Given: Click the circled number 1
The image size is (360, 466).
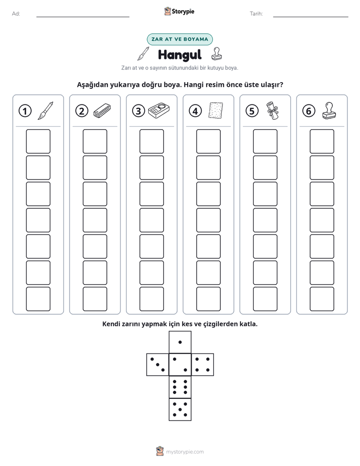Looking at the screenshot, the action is point(25,111).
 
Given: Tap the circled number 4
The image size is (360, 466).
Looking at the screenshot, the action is point(195,111).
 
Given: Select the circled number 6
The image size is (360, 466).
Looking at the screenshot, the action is point(309,111).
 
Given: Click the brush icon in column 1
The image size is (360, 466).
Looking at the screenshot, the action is point(46,110).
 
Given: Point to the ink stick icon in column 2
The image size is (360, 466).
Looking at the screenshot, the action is point(102,110).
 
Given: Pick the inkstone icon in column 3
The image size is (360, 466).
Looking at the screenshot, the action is point(159,110).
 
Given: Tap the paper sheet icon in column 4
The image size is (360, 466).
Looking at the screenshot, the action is point(216,110).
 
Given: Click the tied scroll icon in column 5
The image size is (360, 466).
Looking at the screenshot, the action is point(272,110).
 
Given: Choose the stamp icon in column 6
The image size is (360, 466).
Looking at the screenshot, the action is point(329,110).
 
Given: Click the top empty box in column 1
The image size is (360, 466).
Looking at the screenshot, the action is point(38,141).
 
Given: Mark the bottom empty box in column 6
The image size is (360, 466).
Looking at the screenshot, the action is point(322,299).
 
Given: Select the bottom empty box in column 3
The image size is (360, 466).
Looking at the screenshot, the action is point(151,299).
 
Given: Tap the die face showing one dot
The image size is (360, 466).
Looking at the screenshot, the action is point(180,342).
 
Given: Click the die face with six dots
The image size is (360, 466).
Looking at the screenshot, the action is point(180,387).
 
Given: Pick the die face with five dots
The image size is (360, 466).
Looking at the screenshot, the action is point(180,409).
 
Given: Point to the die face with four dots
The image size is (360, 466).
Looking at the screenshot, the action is point(203,364).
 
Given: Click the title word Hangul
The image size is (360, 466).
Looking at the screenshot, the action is point(179,55).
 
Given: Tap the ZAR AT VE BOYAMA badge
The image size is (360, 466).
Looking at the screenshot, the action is point(179,39).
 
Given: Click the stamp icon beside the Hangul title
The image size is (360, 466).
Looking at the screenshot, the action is point(216,54).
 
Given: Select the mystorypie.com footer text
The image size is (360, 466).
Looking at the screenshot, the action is point(185,452).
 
